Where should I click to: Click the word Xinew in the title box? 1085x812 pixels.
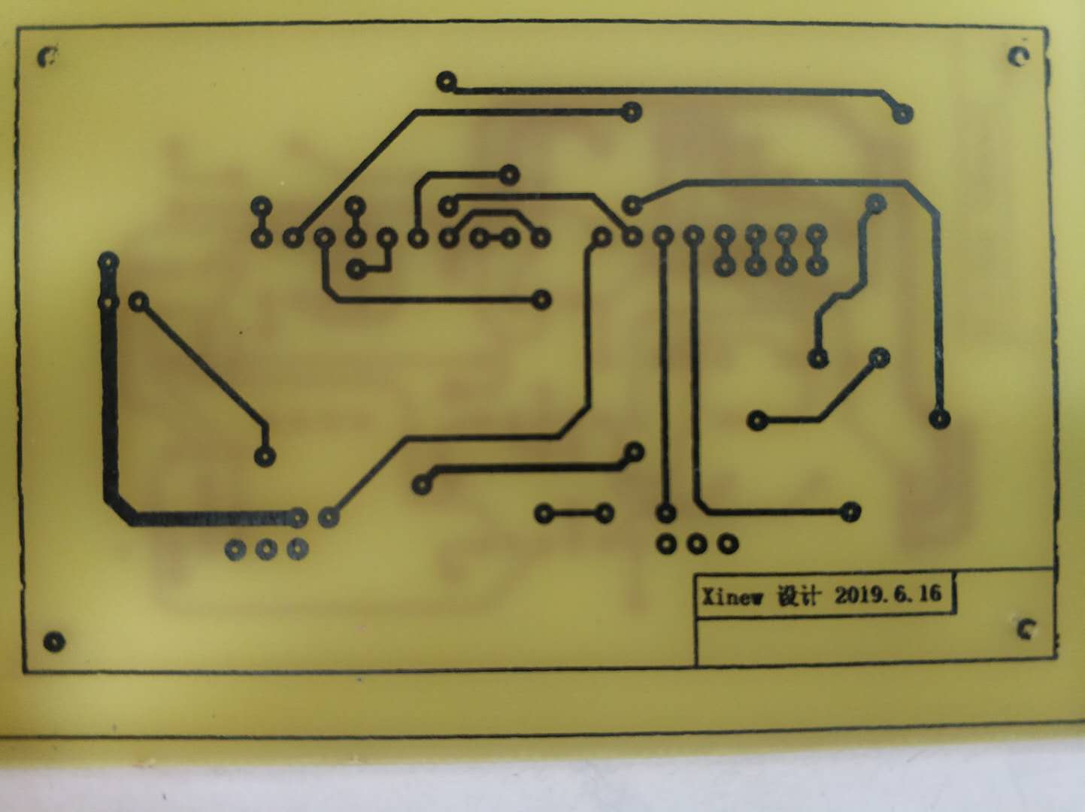coord(732,598)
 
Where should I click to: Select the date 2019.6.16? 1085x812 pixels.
coord(887,594)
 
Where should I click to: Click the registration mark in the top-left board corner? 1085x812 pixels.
coord(48,56)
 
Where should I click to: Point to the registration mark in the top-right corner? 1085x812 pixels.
coord(1018,56)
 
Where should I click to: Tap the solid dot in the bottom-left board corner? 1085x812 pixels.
coord(53,641)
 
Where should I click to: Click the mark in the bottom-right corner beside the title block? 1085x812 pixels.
coord(1026,629)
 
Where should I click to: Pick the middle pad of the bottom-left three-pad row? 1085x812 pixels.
coord(266,550)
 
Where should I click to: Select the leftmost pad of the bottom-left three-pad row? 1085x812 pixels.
coord(235,550)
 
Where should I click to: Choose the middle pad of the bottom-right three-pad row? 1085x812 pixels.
coord(696,543)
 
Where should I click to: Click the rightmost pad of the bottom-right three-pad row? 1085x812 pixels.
coord(727,543)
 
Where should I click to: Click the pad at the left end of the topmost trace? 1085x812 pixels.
coord(447,80)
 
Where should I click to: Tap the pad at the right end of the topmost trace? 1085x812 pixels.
coord(902,114)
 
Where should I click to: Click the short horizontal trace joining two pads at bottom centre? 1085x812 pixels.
coord(574,514)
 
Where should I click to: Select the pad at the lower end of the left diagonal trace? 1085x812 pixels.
coord(265,455)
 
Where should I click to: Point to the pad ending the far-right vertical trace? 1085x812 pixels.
coord(939,418)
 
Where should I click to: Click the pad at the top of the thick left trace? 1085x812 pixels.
coord(108,262)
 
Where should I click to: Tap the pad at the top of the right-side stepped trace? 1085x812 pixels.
coord(876,203)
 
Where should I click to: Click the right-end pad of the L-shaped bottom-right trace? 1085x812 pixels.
coord(850,512)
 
